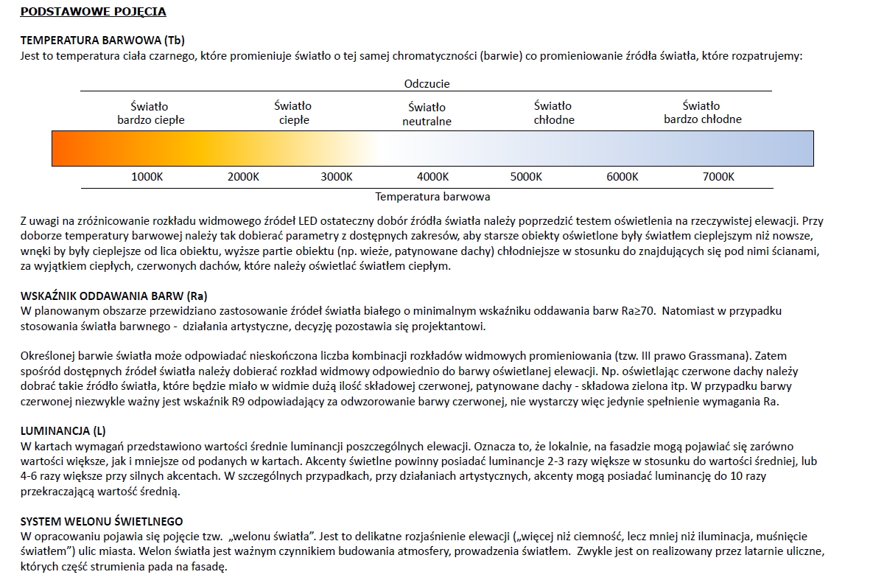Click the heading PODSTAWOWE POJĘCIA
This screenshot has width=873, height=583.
(x=93, y=12)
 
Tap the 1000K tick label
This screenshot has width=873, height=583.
(x=147, y=177)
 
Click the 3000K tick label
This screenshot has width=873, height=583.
(x=337, y=177)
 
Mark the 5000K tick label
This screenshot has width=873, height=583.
(x=526, y=177)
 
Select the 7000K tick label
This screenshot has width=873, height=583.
(x=718, y=177)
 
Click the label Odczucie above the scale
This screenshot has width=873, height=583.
(x=427, y=84)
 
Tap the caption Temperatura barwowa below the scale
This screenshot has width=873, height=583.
(x=432, y=197)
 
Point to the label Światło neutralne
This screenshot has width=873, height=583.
(x=427, y=114)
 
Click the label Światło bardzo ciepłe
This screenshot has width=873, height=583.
(x=150, y=113)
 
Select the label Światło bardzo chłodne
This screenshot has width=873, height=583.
(x=702, y=112)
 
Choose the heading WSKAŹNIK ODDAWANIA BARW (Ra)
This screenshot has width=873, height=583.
(x=114, y=296)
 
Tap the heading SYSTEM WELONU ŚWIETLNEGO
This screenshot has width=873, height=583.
(x=102, y=521)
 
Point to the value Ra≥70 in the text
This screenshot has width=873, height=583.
(x=639, y=311)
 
